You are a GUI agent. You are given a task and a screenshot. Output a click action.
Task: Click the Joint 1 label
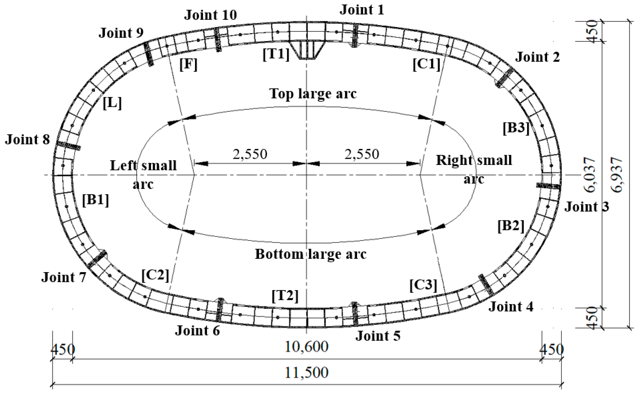pos(362,10)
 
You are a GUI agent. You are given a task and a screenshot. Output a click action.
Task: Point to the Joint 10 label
pos(211,15)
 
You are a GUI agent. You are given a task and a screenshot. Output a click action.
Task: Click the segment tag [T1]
pos(276,54)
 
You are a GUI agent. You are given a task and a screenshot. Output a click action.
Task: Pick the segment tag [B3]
pos(516,128)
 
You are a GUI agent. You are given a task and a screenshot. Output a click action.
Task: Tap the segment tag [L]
pos(112,103)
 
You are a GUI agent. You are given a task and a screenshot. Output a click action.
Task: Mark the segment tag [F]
pos(188,64)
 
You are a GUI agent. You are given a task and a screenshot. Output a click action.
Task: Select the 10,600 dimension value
pos(306,347)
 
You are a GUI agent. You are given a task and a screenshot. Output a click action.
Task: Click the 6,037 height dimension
pos(591,175)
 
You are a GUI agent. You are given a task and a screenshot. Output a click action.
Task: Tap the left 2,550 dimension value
pos(250,154)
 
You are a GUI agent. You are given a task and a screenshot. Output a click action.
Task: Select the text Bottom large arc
pos(310,254)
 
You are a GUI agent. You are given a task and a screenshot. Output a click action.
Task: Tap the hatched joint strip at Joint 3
pos(548,186)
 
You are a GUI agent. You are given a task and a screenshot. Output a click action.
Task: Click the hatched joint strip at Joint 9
pos(149,54)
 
